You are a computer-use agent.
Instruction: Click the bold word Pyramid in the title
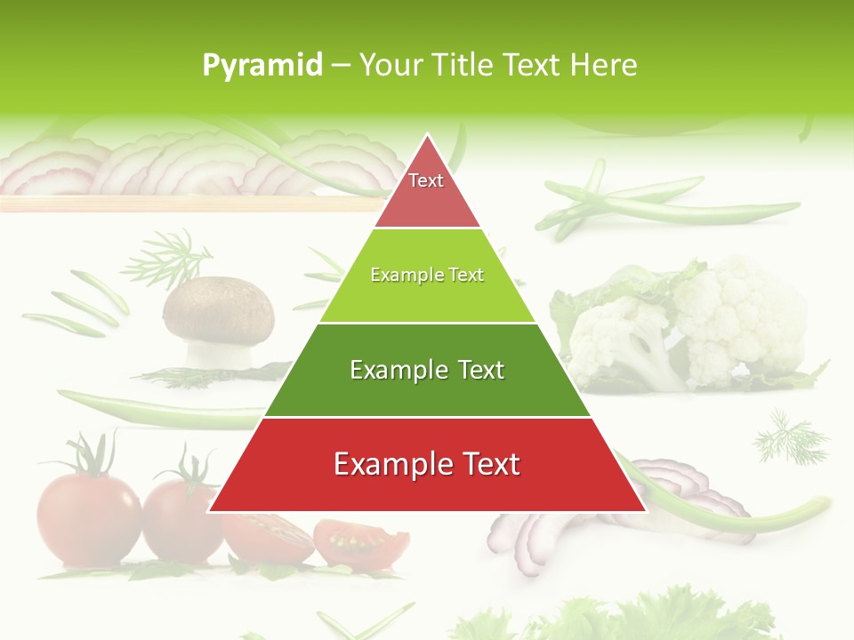point(262,66)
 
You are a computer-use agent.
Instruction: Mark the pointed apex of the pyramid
point(427,137)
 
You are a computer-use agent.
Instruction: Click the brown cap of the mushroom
point(219,307)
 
